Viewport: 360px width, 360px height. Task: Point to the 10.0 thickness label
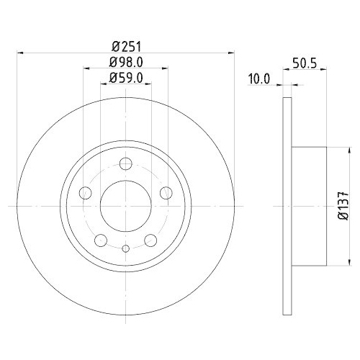tap(257, 79)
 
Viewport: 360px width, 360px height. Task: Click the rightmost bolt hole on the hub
tap(165, 192)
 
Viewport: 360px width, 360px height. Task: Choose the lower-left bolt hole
tap(101, 239)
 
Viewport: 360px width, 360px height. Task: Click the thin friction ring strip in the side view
tap(287, 204)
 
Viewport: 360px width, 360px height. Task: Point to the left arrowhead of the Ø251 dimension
tap(20, 52)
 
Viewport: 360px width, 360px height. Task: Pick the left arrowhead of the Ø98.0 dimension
tap(86, 68)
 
